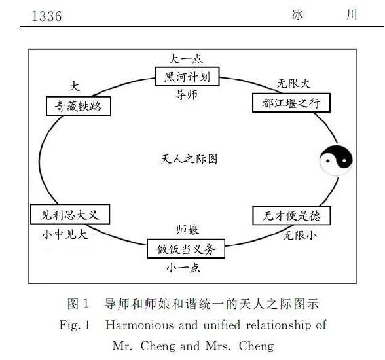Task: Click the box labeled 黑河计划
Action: (x=187, y=77)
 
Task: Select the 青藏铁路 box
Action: (x=79, y=106)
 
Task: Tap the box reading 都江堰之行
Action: (x=291, y=103)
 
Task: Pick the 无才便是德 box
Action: (x=292, y=216)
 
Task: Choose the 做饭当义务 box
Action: (x=186, y=249)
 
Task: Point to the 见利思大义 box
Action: (x=70, y=214)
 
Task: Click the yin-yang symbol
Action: (x=336, y=160)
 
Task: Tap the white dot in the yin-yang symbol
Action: (x=344, y=161)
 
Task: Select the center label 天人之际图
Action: (x=189, y=159)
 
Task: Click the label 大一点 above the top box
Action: (x=186, y=59)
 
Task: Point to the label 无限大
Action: (x=293, y=84)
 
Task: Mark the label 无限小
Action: (x=300, y=236)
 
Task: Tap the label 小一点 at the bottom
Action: (x=183, y=268)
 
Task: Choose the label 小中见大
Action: (x=65, y=234)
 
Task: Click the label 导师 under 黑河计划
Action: (x=186, y=95)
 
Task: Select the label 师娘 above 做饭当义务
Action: (x=187, y=230)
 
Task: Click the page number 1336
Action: (x=46, y=16)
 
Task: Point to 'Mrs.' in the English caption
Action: (x=218, y=346)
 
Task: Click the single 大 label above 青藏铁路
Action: (x=75, y=86)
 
